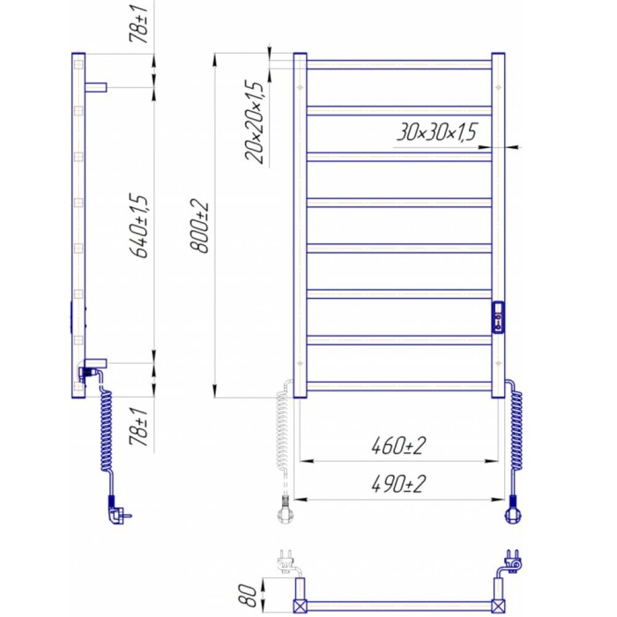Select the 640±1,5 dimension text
point(140,226)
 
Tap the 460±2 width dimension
point(399,446)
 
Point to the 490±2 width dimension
point(399,484)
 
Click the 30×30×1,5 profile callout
point(436,132)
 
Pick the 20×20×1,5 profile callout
point(254,122)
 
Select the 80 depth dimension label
point(247,594)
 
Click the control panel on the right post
point(498,317)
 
